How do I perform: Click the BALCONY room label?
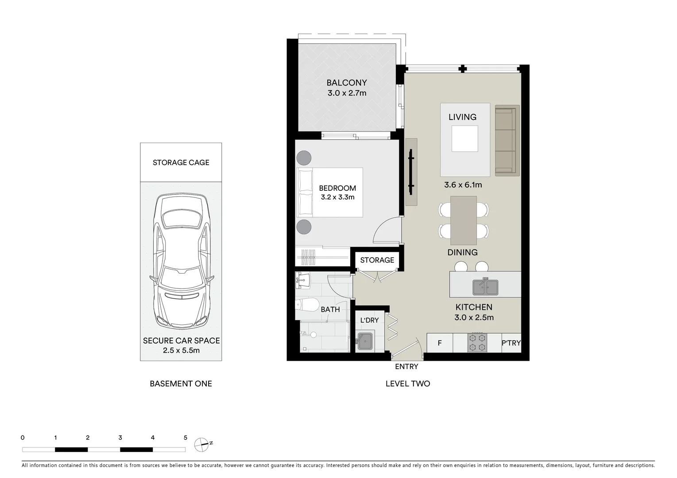[x=346, y=82]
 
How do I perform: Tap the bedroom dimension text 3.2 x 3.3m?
[x=337, y=197]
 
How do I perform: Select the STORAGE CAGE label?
[x=181, y=162]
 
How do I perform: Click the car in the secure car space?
[x=181, y=261]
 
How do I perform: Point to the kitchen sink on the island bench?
[x=485, y=287]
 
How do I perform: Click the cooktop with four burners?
[x=477, y=343]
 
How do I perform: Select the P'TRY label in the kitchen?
[x=511, y=343]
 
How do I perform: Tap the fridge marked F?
[x=440, y=343]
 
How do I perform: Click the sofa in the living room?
[x=507, y=140]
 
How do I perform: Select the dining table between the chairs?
[x=464, y=220]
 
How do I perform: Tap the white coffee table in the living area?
[x=464, y=139]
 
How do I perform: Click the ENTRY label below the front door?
[x=406, y=366]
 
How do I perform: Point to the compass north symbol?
[x=202, y=443]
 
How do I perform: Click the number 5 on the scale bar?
[x=185, y=438]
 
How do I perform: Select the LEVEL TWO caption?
[x=407, y=384]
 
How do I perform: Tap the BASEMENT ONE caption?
[x=181, y=384]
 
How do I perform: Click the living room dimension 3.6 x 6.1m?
[x=463, y=185]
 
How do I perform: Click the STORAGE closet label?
[x=377, y=260]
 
